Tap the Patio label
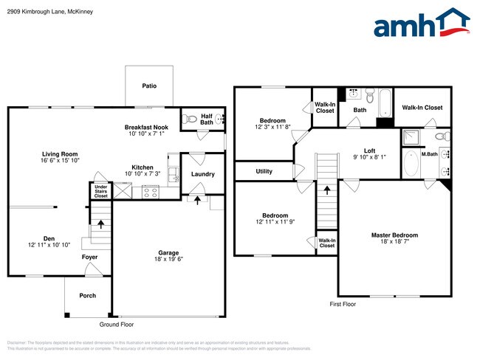click(x=150, y=86)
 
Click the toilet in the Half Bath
click(x=189, y=117)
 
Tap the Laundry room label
click(x=202, y=174)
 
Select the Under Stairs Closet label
click(x=100, y=191)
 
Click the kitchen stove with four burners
click(x=150, y=192)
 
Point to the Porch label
click(x=88, y=296)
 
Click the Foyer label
click(x=89, y=257)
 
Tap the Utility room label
click(x=264, y=171)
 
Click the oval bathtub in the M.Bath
click(x=411, y=162)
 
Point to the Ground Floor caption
click(x=117, y=324)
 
